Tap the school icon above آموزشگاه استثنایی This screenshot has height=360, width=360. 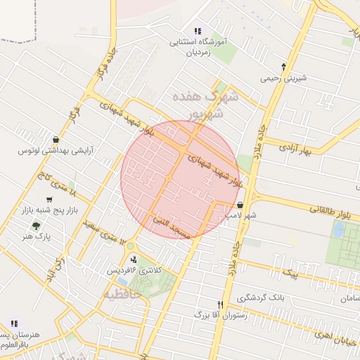click(x=198, y=31)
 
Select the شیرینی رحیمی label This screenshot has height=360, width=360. click(x=284, y=79)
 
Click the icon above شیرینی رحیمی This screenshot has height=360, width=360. click(x=283, y=67)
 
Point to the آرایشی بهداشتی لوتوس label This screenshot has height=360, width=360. click(x=56, y=150)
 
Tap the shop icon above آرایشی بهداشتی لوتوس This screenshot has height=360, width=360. click(x=56, y=139)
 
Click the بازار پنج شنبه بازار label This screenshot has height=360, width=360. click(x=49, y=210)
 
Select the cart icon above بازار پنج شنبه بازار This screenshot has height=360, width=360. click(x=48, y=199)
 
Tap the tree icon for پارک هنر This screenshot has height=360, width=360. click(x=36, y=226)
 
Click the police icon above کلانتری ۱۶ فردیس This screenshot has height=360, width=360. click(x=134, y=259)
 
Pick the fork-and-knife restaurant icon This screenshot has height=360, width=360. click(x=221, y=304)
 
